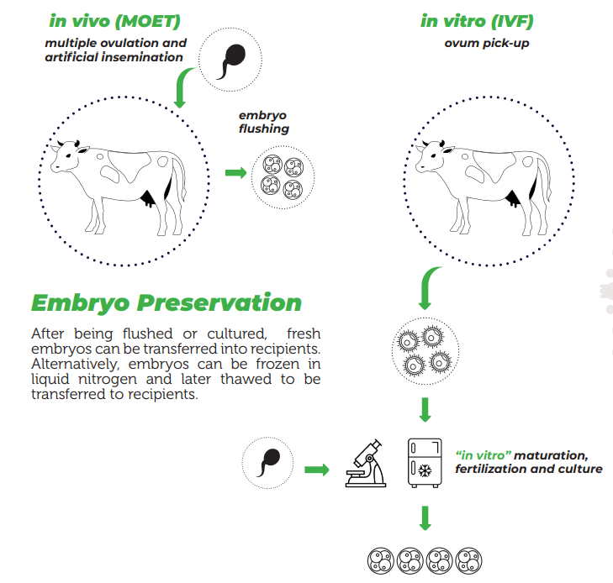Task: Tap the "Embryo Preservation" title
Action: (x=166, y=302)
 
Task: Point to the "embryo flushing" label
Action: (x=263, y=122)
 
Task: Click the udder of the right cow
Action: (x=513, y=198)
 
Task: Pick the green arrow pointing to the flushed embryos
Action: (x=235, y=173)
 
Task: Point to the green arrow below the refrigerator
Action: (x=425, y=517)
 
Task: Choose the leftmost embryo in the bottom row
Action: (x=381, y=560)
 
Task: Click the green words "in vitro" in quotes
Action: (x=483, y=454)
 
